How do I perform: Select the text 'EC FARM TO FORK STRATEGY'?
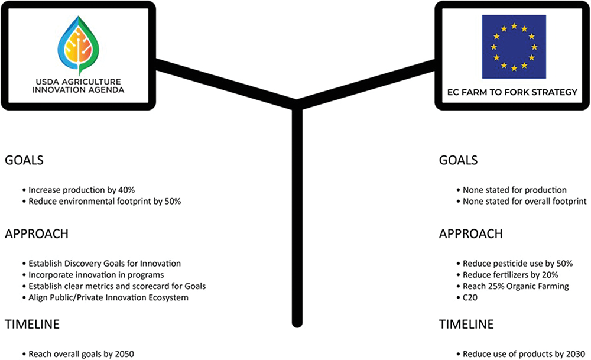513,93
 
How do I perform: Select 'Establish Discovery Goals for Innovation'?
104,264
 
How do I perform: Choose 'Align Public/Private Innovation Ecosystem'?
108,297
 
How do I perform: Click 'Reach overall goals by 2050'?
82,354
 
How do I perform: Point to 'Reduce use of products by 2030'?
520,354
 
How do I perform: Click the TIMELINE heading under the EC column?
466,325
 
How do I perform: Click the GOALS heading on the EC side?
458,160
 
